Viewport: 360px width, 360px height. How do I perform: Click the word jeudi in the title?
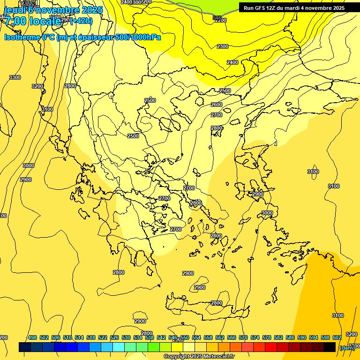click(x=14, y=10)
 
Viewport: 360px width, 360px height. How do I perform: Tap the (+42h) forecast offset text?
click(x=81, y=21)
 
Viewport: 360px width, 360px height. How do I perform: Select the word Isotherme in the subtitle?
click(x=22, y=37)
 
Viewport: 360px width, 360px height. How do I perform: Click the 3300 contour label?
click(x=15, y=77)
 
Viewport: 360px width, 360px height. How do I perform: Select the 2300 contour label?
click(x=223, y=46)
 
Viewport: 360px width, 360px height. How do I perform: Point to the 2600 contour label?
click(x=217, y=105)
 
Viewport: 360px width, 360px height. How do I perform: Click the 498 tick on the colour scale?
click(x=32, y=337)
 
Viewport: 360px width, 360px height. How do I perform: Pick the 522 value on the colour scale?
click(x=103, y=337)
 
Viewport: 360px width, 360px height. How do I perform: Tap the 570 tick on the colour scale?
click(x=243, y=337)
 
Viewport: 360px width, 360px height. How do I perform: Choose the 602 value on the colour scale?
click(x=337, y=337)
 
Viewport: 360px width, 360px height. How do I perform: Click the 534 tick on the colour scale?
click(x=138, y=337)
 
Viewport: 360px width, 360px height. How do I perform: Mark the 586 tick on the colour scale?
click(x=290, y=337)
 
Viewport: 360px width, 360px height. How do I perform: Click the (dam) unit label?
click(x=346, y=348)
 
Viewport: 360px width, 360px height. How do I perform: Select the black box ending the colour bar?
click(x=330, y=347)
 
